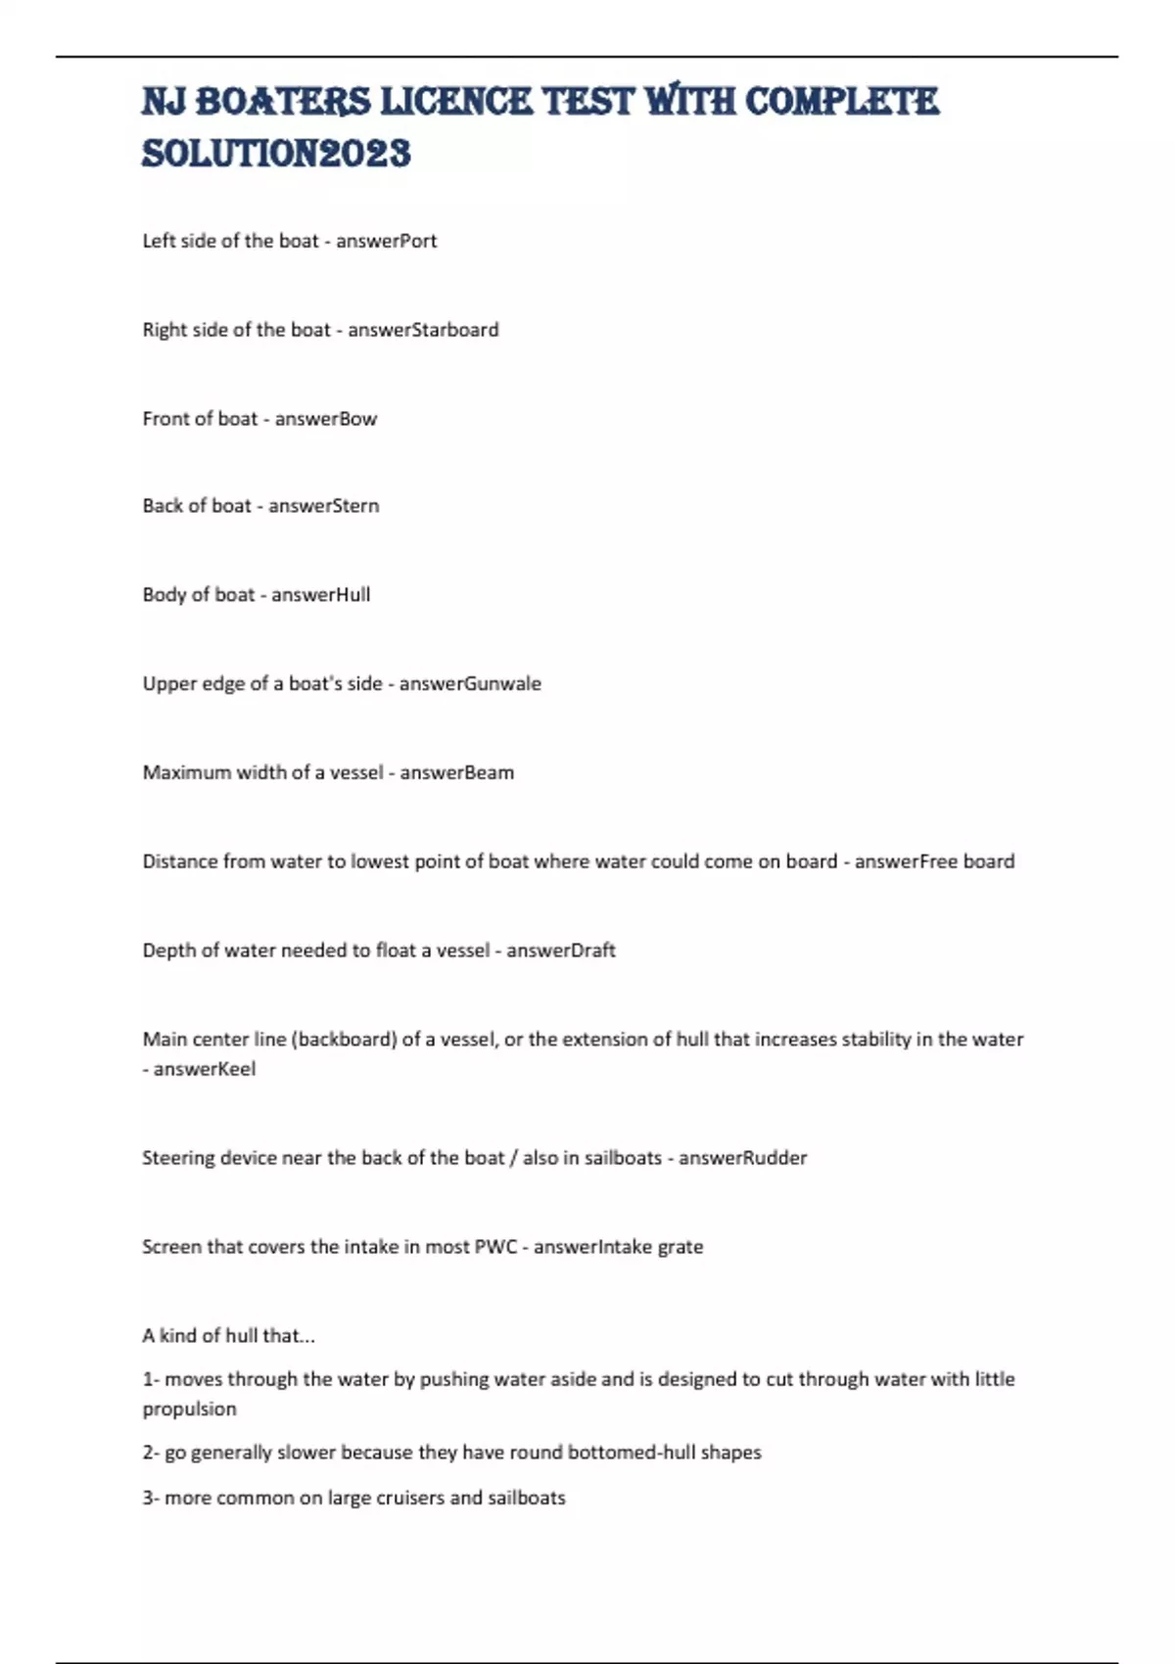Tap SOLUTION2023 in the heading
coord(276,154)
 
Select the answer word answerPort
coord(386,241)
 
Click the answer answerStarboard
coord(423,330)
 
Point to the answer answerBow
coord(325,419)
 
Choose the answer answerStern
coord(323,506)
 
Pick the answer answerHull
coord(320,595)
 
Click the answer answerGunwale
coord(469,683)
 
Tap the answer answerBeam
coord(456,772)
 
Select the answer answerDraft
coord(560,950)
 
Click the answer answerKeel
coord(205,1069)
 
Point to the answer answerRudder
coord(742,1158)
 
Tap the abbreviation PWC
coord(495,1247)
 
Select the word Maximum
coord(187,772)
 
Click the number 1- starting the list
coord(151,1379)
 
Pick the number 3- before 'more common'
coord(151,1498)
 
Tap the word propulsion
coord(189,1410)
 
